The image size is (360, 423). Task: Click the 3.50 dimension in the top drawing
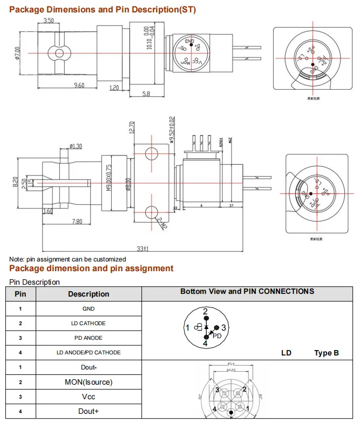[49, 21]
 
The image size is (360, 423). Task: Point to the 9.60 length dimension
[79, 85]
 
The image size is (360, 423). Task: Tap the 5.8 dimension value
[146, 94]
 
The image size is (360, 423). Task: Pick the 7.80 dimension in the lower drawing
[76, 222]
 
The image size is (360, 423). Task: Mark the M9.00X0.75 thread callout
[108, 178]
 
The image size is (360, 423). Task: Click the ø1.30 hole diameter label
[76, 146]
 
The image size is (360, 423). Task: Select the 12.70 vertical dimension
[132, 127]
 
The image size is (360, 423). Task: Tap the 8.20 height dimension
[17, 183]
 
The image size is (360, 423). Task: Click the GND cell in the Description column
[89, 308]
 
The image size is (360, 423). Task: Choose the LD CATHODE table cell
[89, 323]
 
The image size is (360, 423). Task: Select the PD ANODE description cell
[89, 338]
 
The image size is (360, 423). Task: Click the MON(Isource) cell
[89, 382]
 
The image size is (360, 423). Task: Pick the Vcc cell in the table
[89, 397]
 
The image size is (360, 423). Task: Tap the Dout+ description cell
[89, 411]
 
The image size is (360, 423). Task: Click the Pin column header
[20, 294]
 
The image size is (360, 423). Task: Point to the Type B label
[327, 353]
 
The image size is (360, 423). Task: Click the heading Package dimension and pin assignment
[92, 268]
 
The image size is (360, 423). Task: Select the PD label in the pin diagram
[217, 335]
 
